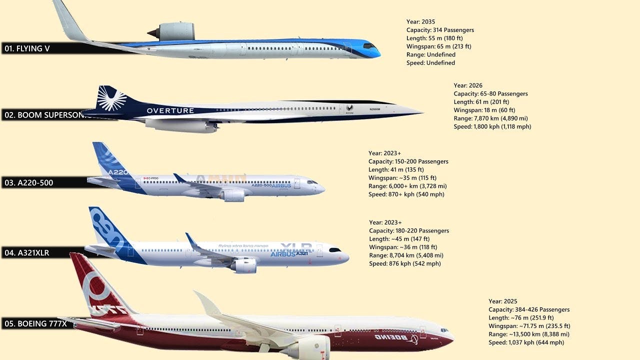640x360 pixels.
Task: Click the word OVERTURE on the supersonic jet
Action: point(170,110)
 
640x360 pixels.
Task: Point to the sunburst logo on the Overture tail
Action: point(111,98)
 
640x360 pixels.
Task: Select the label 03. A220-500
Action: point(29,183)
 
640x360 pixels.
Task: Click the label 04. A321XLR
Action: point(27,253)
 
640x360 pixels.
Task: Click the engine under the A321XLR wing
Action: point(244,265)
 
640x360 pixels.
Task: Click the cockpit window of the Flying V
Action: point(370,46)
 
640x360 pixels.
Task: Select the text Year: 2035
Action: point(421,22)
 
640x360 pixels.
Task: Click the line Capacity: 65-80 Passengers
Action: point(490,94)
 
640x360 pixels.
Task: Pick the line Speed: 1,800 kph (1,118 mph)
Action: point(492,127)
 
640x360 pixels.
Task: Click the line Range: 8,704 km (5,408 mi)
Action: point(406,255)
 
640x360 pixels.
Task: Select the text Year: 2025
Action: point(503,301)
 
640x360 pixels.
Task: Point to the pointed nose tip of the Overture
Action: point(421,113)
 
